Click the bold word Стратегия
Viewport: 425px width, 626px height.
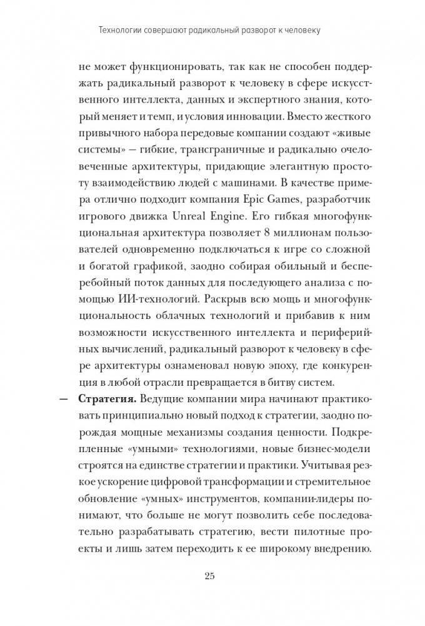click(107, 398)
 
